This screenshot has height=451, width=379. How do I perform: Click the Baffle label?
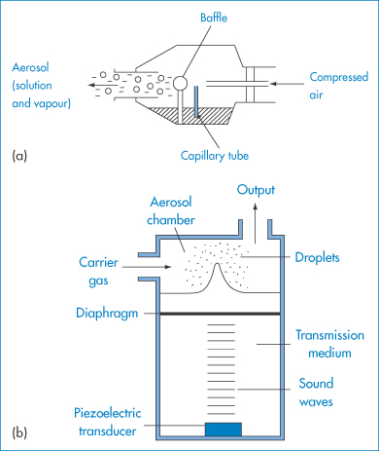tap(214, 18)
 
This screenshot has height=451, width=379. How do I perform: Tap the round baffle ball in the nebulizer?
tap(180, 83)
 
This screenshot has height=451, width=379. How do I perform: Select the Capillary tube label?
tap(215, 156)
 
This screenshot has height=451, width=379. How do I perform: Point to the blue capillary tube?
tap(196, 101)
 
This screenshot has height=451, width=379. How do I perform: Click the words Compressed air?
tap(339, 86)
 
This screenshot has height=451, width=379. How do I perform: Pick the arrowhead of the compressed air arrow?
tap(274, 84)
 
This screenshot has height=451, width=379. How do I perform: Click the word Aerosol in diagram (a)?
tap(30, 67)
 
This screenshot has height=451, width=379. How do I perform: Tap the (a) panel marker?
tap(19, 156)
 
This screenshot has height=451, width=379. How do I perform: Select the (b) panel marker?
tap(19, 432)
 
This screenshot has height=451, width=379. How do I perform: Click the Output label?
tap(256, 190)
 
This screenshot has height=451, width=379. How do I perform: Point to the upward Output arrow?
tap(256, 223)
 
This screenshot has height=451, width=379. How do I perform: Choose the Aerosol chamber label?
tap(171, 211)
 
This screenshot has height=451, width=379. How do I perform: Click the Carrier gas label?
tap(98, 272)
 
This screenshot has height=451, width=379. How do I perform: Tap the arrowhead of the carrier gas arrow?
tap(168, 267)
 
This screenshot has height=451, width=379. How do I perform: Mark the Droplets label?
tap(317, 257)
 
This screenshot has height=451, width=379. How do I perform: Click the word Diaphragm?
tap(107, 314)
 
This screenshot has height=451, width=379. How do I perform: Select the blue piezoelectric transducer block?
tap(224, 430)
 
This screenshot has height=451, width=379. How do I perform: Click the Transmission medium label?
tap(329, 344)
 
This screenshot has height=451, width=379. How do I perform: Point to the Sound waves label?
tap(316, 393)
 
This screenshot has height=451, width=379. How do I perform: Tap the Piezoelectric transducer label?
tap(108, 422)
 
